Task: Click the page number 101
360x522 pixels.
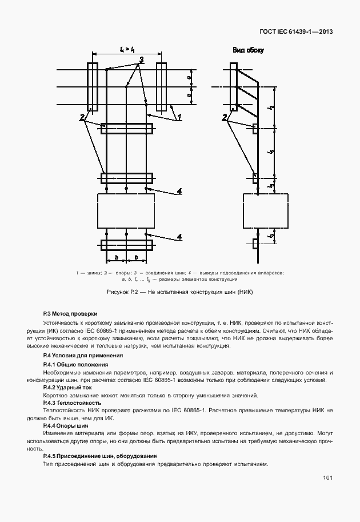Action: pos(327,477)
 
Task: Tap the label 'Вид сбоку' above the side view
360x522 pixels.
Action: pos(247,50)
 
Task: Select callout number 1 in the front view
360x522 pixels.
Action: pos(179,117)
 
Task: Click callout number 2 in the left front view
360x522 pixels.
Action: pos(83,117)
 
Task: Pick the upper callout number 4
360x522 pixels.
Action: pos(179,192)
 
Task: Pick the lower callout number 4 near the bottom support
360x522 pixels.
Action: pos(179,236)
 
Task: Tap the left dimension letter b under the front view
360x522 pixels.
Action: pos(116,258)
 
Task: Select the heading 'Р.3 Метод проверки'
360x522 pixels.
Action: pos(70,313)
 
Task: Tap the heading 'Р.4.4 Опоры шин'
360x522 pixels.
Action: pos(66,425)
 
